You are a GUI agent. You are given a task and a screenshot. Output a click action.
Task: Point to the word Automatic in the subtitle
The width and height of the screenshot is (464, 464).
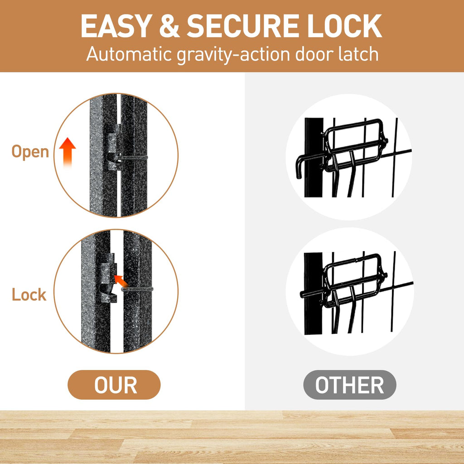129,54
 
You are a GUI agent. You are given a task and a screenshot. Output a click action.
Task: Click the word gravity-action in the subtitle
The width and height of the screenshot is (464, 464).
233,55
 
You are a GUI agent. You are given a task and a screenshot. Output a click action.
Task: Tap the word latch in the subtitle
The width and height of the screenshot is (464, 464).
358,54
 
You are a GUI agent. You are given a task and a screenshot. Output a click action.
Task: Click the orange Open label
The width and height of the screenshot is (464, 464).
30,152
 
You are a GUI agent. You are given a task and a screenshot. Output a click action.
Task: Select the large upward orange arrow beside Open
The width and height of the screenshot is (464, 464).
68,153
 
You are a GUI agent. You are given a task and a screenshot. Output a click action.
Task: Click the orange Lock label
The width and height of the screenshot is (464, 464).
29,295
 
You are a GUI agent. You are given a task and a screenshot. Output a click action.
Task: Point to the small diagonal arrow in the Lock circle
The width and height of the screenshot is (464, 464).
121,281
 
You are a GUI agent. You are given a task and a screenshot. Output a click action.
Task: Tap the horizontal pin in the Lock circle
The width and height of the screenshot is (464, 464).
137,289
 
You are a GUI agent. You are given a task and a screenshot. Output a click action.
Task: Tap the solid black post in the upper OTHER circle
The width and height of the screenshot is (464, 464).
314,157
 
